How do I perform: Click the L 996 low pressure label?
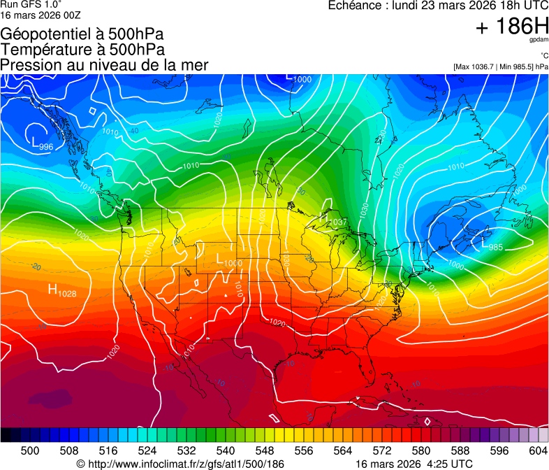(x=43, y=145)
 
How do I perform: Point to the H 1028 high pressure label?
(x=61, y=290)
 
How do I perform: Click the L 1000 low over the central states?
(x=228, y=261)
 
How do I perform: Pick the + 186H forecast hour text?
(x=512, y=27)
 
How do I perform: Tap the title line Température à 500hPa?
(x=82, y=50)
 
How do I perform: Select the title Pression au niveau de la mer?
(x=104, y=65)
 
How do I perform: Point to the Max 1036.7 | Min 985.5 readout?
(x=500, y=67)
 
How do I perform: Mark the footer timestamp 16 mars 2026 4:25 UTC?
(x=413, y=464)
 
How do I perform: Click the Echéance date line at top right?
(x=438, y=6)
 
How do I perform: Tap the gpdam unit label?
(x=539, y=40)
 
